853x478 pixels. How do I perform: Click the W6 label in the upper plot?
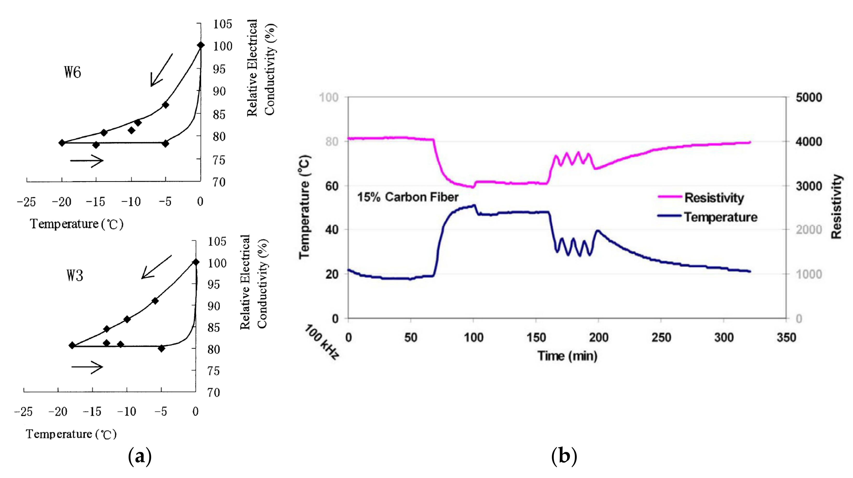coord(73,72)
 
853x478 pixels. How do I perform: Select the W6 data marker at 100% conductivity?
coord(201,45)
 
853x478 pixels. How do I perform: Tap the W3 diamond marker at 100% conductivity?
coord(196,262)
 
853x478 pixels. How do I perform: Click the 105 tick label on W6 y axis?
coord(223,24)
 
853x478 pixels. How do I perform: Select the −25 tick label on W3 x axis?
coord(23,412)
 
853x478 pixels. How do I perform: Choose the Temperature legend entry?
coord(720,217)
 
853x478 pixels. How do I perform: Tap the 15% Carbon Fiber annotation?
coord(408,197)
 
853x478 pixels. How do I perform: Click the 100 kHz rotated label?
coord(322,342)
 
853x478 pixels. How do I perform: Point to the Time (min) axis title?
coord(567,356)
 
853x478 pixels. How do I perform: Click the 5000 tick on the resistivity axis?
coord(809,97)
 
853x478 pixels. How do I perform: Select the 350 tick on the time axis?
coord(786,337)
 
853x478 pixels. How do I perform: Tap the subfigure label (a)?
coord(140,456)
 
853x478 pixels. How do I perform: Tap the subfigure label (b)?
coord(564,456)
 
